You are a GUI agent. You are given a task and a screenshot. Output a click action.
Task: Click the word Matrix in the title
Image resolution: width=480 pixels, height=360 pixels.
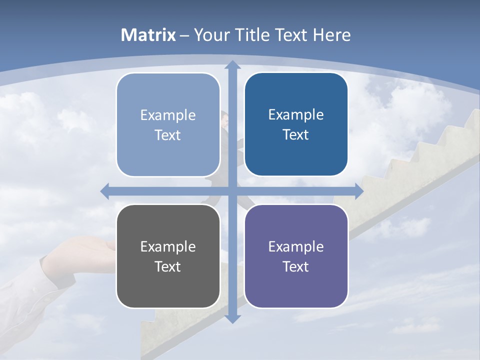pyautogui.click(x=148, y=35)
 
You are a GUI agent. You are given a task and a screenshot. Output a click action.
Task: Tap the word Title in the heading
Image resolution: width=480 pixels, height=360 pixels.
pyautogui.click(x=253, y=35)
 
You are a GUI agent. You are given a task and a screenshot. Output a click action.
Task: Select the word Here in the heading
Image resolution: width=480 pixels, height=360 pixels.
pyautogui.click(x=332, y=35)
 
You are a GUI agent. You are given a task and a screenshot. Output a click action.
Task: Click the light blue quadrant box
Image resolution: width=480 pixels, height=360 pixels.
pyautogui.click(x=168, y=124)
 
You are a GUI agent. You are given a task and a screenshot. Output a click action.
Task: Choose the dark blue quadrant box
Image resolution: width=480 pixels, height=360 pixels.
pyautogui.click(x=296, y=124)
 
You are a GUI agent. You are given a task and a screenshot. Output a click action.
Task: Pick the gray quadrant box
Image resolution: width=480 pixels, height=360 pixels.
pyautogui.click(x=168, y=256)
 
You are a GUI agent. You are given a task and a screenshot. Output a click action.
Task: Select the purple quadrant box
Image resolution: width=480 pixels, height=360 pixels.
pyautogui.click(x=296, y=256)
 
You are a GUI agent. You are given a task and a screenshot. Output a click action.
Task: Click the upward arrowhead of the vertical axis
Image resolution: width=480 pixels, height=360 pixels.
pyautogui.click(x=232, y=64)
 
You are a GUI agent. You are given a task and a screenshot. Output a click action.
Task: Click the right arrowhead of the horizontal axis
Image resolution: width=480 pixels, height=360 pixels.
pyautogui.click(x=359, y=191)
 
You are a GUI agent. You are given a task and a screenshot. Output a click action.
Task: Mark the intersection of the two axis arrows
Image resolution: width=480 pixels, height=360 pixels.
pyautogui.click(x=232, y=191)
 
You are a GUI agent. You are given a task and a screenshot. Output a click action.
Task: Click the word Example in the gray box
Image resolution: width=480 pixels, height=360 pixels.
pyautogui.click(x=168, y=246)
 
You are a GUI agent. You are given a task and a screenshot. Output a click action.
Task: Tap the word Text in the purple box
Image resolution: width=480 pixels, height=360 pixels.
pyautogui.click(x=296, y=266)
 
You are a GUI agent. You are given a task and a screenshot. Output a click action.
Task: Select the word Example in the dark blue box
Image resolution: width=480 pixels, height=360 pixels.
pyautogui.click(x=296, y=114)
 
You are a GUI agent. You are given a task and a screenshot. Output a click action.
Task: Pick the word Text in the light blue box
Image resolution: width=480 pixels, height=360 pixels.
pyautogui.click(x=168, y=135)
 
